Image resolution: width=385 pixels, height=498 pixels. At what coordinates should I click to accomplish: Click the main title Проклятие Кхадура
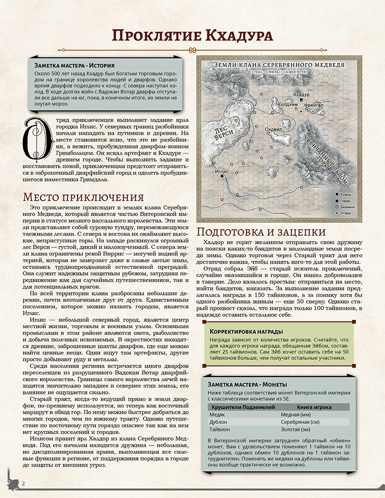(192, 36)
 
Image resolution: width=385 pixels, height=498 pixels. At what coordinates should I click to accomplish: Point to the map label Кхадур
(301, 95)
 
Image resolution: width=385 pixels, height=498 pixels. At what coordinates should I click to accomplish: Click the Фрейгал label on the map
(313, 104)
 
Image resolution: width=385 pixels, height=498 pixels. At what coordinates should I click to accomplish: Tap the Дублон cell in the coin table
(218, 422)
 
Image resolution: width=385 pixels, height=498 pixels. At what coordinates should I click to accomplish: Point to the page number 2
(23, 483)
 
